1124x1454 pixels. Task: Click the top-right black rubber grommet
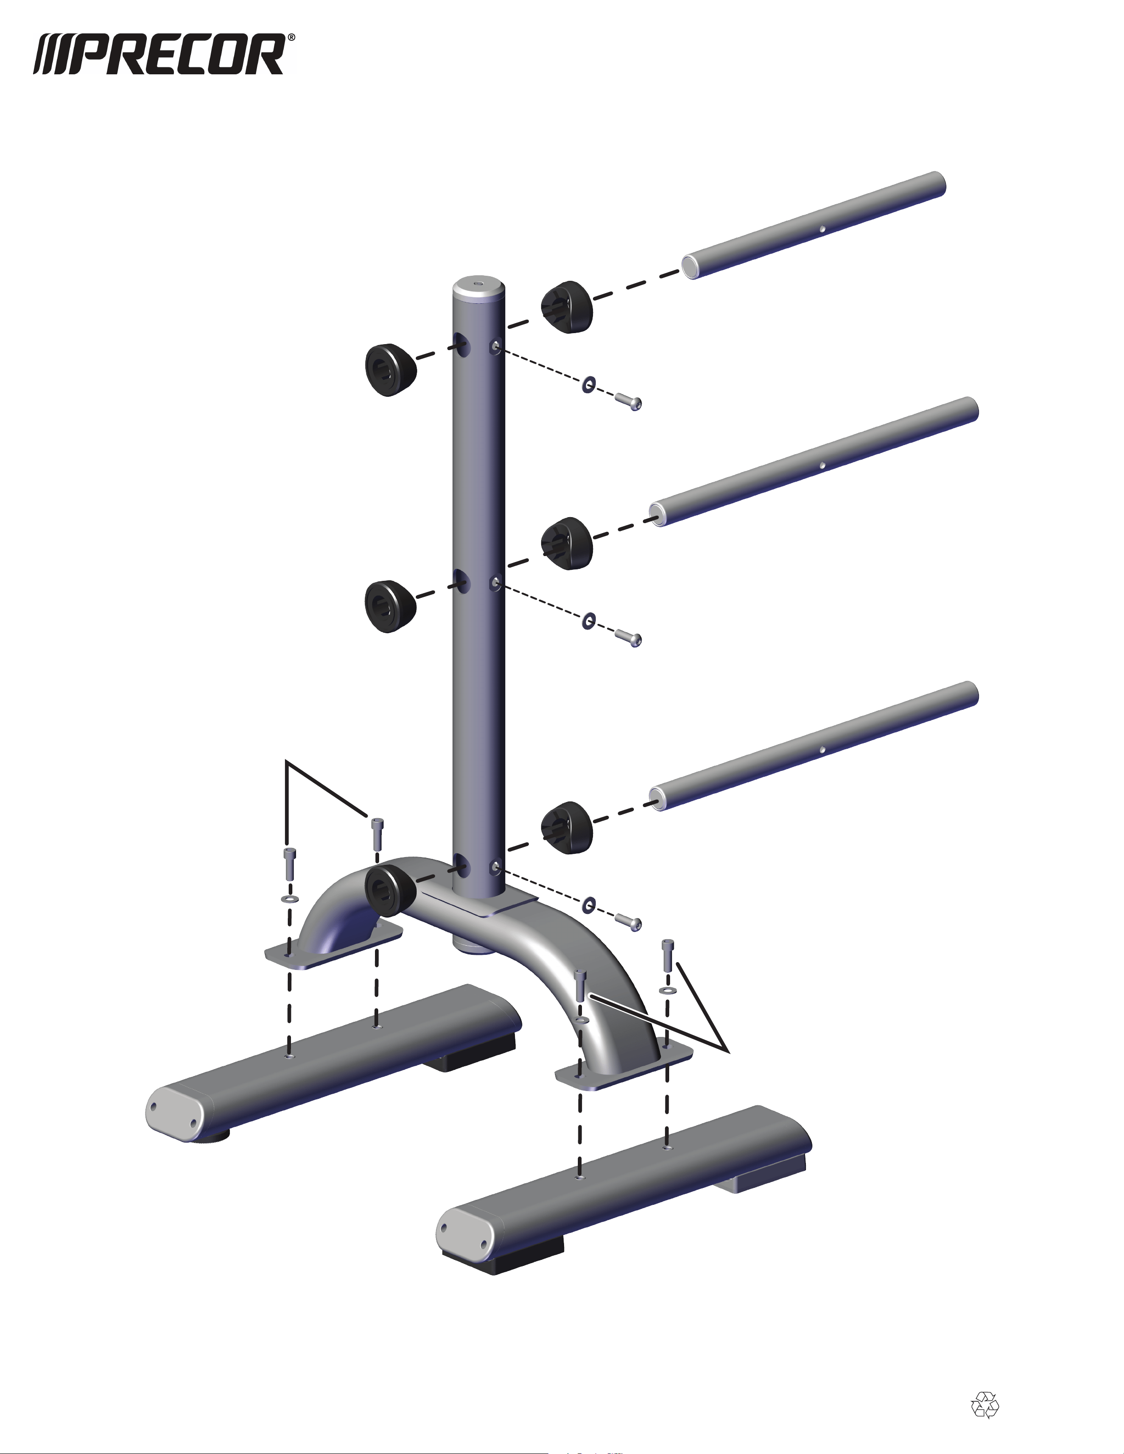tap(566, 306)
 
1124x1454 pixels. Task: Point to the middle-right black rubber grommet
tap(566, 543)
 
